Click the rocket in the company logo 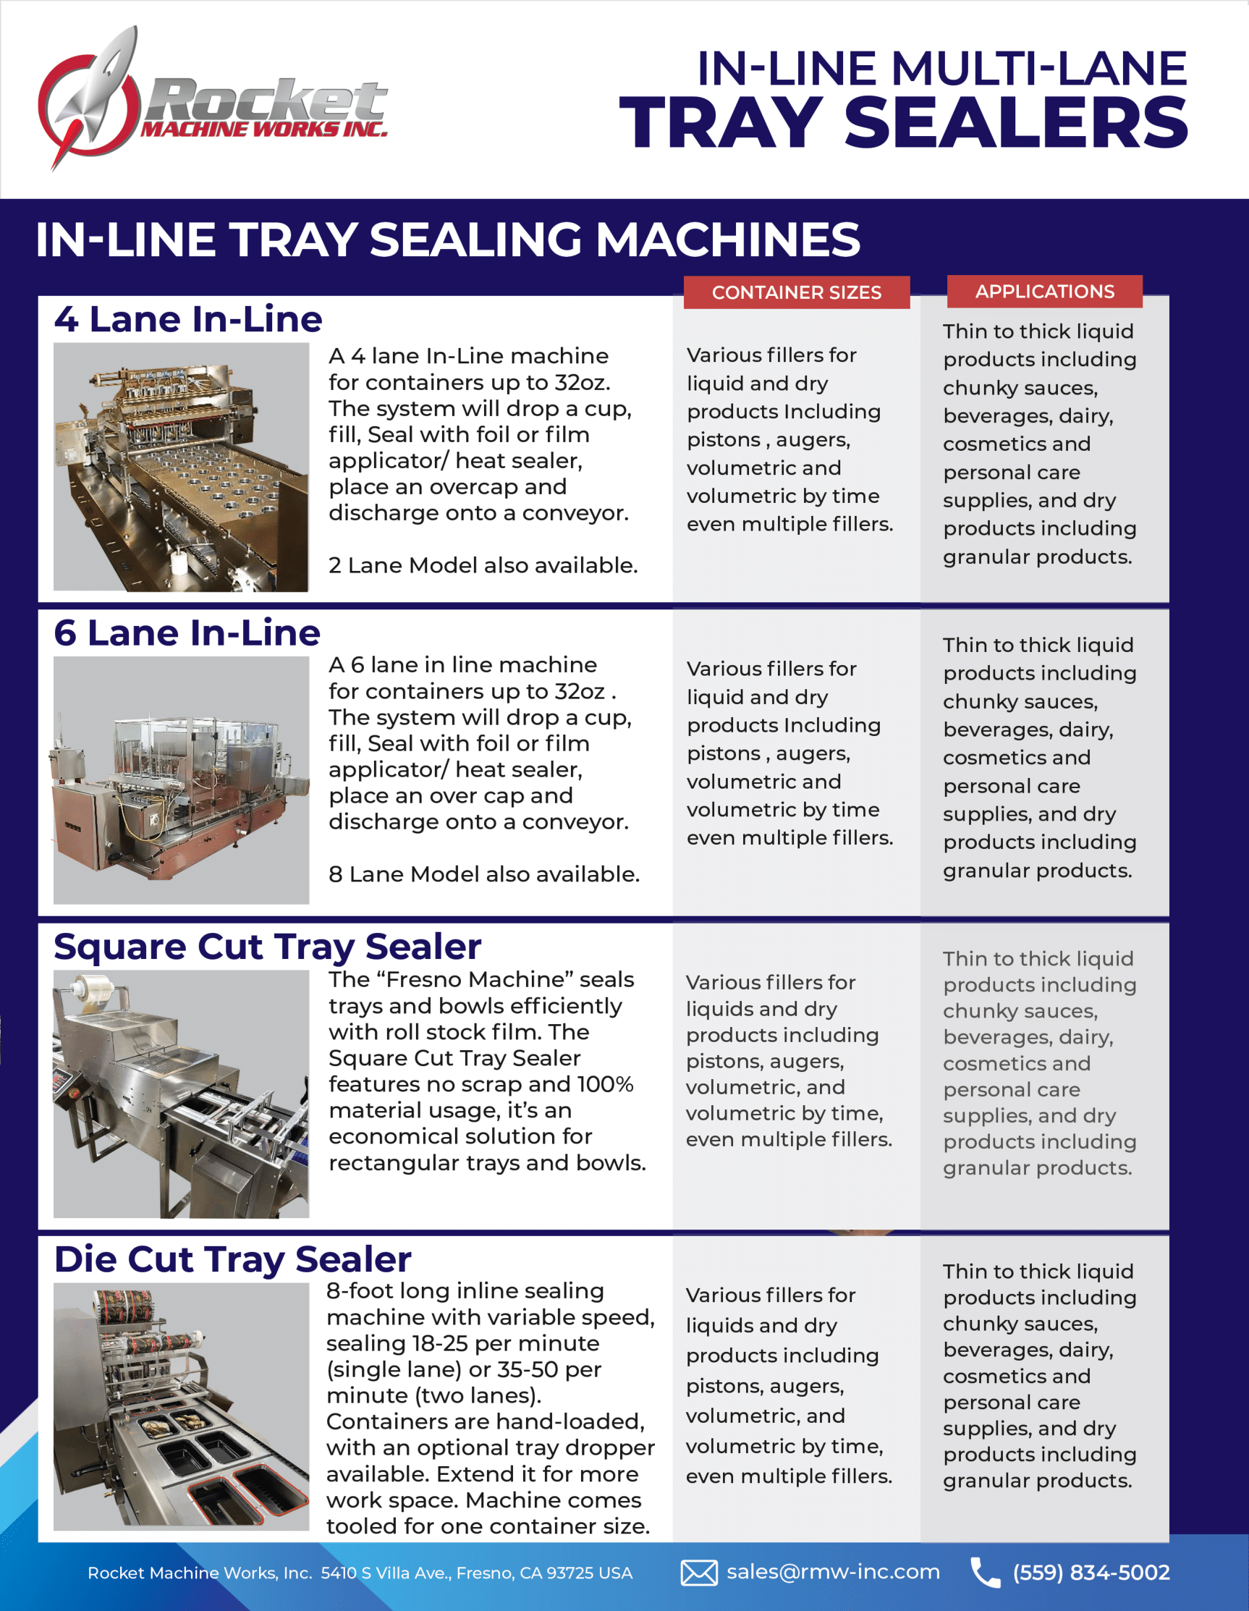point(103,88)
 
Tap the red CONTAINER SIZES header point(796,292)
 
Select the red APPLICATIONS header point(1044,292)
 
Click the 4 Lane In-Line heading point(188,319)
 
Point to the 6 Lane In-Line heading point(187,633)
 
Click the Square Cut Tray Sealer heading point(267,947)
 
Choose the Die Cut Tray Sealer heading point(232,1259)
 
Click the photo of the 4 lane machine point(181,467)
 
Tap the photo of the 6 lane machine point(181,779)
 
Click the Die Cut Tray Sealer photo point(181,1406)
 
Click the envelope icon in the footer point(698,1573)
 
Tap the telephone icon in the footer point(984,1573)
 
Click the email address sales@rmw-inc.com point(833,1572)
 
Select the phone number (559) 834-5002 point(1091,1573)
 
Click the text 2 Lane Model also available point(483,566)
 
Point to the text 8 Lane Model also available point(484,874)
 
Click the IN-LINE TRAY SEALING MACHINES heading point(447,240)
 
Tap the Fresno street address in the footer point(476,1573)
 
